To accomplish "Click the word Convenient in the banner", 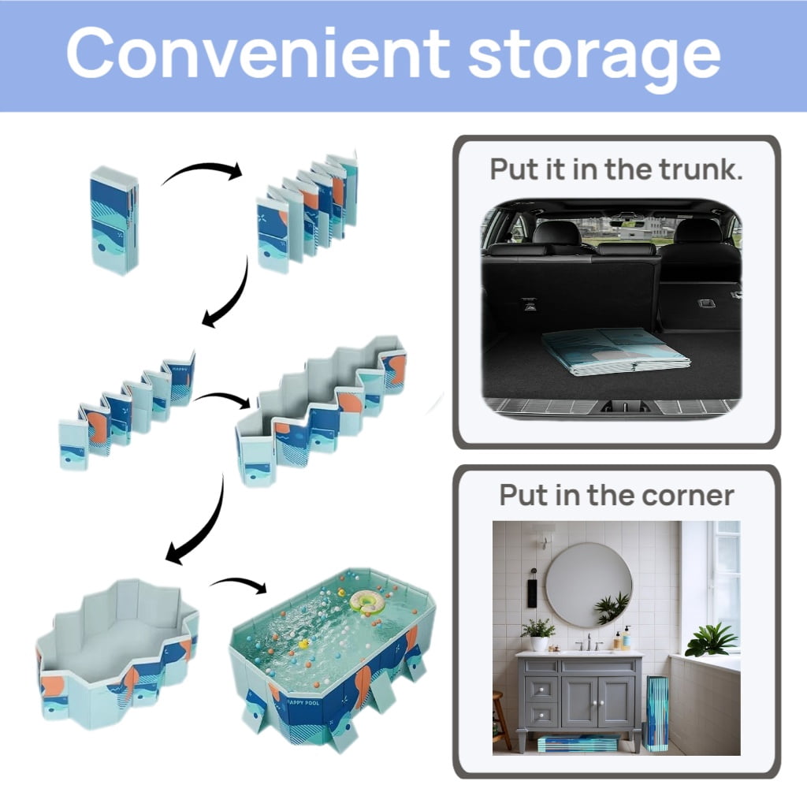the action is pos(258,53).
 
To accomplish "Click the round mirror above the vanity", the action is pos(589,586).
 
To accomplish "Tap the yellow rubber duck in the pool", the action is pos(303,644).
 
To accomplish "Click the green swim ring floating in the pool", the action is pos(367,601).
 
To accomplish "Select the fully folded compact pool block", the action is pos(114,220).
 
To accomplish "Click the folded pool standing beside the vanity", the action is pos(656,712).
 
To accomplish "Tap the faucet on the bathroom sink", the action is pos(589,642).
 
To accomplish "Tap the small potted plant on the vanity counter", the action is pos(538,635).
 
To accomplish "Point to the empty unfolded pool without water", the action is pos(118,653).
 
